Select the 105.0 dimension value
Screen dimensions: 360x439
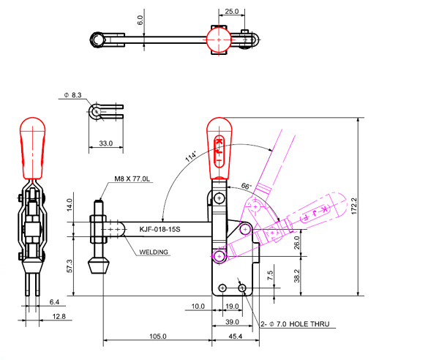tap(158, 337)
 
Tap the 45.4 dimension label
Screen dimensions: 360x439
tap(236, 337)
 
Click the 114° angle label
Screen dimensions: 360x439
tap(192, 157)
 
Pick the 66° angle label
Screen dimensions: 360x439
tap(247, 187)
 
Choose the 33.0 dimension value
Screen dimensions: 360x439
tap(106, 144)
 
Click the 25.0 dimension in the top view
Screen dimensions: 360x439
tap(231, 12)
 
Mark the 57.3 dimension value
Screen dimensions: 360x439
tap(70, 265)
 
